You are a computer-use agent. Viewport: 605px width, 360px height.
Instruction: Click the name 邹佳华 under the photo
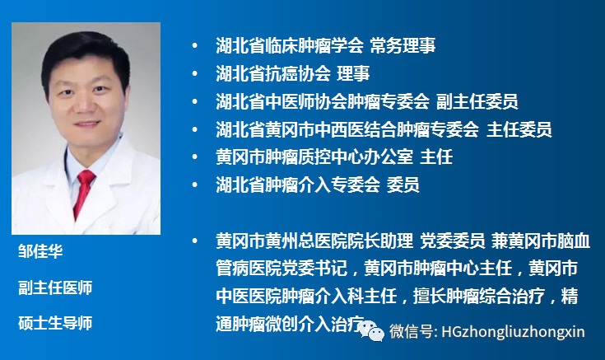(x=40, y=251)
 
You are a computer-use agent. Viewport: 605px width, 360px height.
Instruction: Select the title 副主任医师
(x=55, y=288)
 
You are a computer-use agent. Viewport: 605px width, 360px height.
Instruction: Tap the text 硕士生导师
(x=55, y=322)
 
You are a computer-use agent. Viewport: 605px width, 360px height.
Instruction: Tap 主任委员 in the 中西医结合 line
(x=519, y=129)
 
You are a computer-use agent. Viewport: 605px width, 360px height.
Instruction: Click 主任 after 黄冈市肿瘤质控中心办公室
(x=436, y=157)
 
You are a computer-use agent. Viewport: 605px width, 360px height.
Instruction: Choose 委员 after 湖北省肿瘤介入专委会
(x=403, y=185)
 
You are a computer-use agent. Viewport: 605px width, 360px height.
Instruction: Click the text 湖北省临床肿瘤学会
(x=280, y=45)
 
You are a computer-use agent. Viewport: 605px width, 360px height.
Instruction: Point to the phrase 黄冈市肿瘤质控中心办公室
(x=313, y=157)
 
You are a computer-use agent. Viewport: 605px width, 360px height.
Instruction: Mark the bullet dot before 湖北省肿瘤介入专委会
(x=194, y=185)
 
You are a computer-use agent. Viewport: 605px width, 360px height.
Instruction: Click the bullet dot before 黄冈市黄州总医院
(x=194, y=241)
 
